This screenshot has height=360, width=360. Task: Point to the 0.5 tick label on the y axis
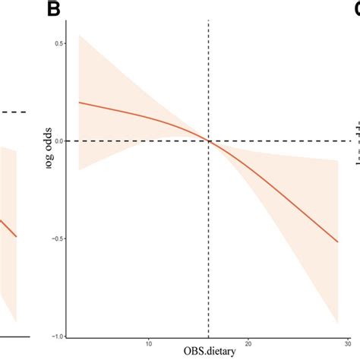[58, 43]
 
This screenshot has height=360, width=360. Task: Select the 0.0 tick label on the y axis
[58, 141]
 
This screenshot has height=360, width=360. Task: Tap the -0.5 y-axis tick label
[56, 239]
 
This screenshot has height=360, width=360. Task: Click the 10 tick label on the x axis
[148, 344]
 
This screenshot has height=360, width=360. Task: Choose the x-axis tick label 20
[248, 344]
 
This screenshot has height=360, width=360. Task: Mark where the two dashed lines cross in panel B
[208, 141]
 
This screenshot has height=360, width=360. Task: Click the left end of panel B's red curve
[79, 102]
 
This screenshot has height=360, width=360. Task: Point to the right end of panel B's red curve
[337, 242]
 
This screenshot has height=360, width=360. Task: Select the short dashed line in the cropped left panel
[13, 112]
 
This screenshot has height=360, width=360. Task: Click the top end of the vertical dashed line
[208, 22]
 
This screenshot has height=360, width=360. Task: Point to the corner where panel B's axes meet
[67, 337]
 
